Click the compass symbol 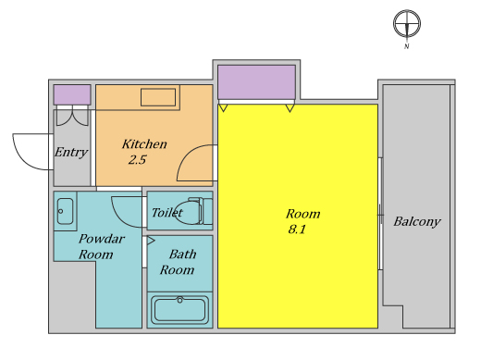[407, 23]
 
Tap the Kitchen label [144, 144]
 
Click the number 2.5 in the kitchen [137, 160]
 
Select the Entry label [71, 153]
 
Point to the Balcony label [417, 222]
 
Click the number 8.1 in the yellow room [297, 230]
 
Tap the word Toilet [166, 213]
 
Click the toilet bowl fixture [192, 211]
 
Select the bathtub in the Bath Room [179, 310]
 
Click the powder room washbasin [65, 211]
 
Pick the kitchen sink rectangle [158, 97]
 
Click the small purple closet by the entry [72, 94]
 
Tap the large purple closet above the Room [256, 82]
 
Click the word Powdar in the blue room [102, 239]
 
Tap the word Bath [182, 254]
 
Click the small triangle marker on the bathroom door [151, 241]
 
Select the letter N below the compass [407, 46]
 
